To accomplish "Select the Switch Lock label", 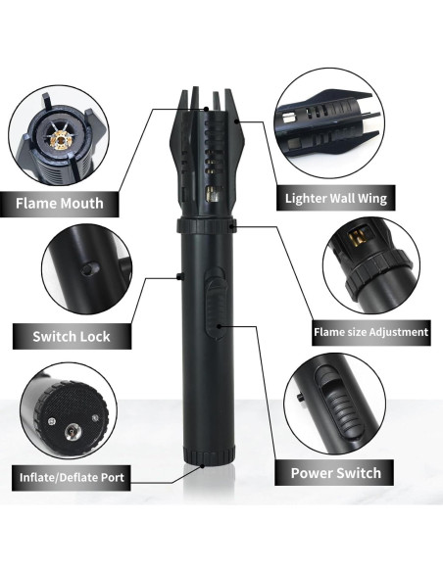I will (x=71, y=336).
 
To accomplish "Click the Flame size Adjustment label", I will (x=370, y=332).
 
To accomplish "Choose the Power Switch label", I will (x=335, y=473).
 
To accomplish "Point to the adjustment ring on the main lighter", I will (x=206, y=226).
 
